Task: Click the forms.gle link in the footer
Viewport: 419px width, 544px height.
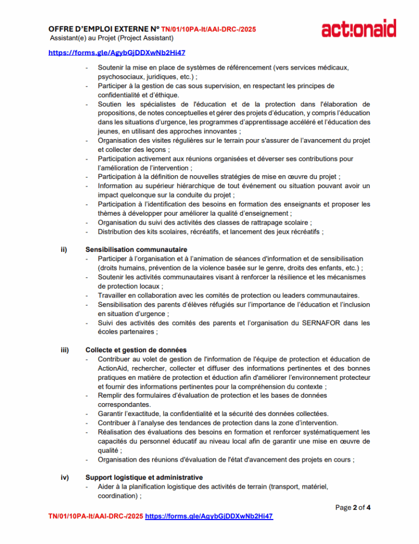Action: (209, 516)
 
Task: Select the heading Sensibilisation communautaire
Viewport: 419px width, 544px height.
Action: (136, 250)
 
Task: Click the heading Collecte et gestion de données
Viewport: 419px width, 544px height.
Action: (136, 350)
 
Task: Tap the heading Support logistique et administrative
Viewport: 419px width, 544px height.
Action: (144, 478)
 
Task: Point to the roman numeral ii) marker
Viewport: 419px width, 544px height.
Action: (63, 250)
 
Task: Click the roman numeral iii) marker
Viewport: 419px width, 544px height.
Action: (64, 350)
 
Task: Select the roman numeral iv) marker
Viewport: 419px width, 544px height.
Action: (64, 478)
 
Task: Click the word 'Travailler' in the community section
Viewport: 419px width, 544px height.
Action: (114, 295)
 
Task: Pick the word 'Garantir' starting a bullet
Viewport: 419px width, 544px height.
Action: (110, 414)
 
